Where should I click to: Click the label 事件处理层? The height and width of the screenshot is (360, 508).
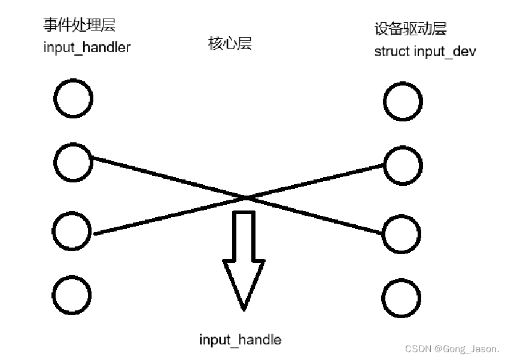click(x=79, y=26)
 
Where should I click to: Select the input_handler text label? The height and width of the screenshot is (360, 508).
click(x=87, y=48)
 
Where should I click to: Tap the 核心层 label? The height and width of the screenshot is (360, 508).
click(x=230, y=44)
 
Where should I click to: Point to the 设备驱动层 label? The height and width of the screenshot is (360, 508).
click(x=410, y=28)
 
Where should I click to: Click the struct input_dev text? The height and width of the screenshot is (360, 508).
click(x=425, y=51)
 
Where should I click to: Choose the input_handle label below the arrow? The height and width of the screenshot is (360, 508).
click(x=240, y=340)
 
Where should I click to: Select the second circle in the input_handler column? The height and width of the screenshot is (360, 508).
click(x=73, y=160)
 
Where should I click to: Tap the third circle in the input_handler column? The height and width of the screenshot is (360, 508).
click(x=72, y=230)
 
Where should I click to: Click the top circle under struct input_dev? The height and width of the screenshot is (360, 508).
click(x=403, y=102)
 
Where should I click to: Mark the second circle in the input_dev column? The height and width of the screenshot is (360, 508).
click(x=403, y=165)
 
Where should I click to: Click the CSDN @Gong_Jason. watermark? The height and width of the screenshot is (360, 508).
click(x=452, y=349)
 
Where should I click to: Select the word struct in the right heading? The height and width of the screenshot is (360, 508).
click(x=392, y=51)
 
